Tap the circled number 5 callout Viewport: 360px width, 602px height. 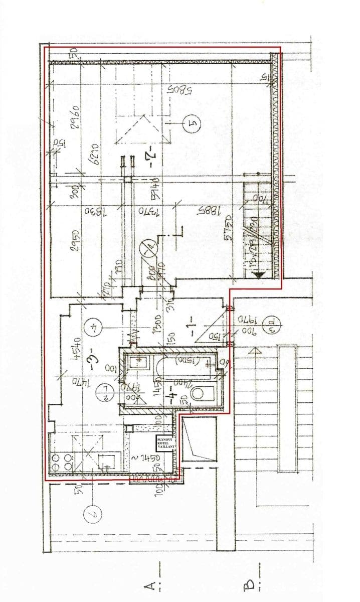(192, 122)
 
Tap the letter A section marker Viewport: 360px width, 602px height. (149, 583)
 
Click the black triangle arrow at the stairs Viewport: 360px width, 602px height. (260, 275)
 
